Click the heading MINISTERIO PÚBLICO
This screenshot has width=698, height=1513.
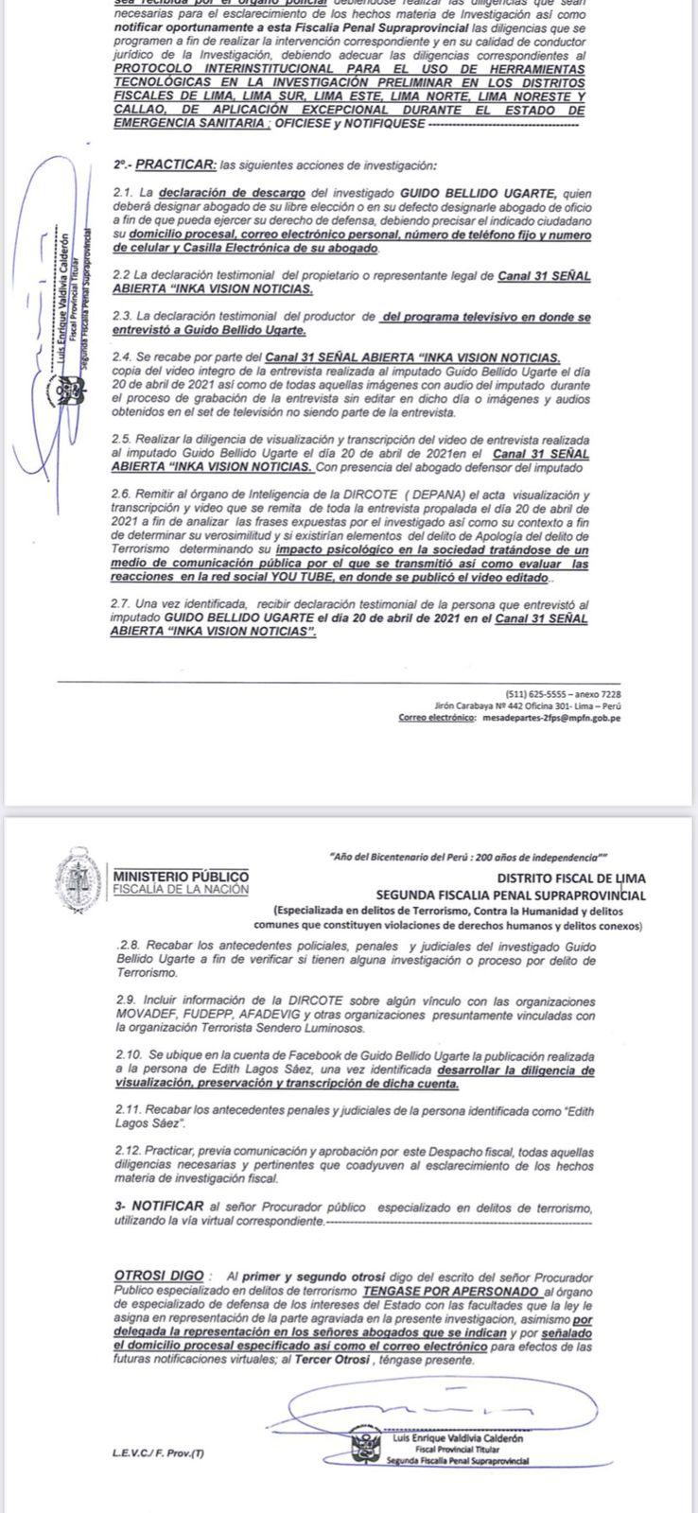click(181, 876)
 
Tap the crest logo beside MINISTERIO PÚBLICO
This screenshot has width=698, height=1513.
click(78, 883)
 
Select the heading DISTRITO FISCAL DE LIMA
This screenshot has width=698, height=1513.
click(573, 878)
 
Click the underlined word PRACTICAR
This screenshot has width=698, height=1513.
click(174, 165)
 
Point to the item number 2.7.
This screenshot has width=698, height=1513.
click(123, 603)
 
